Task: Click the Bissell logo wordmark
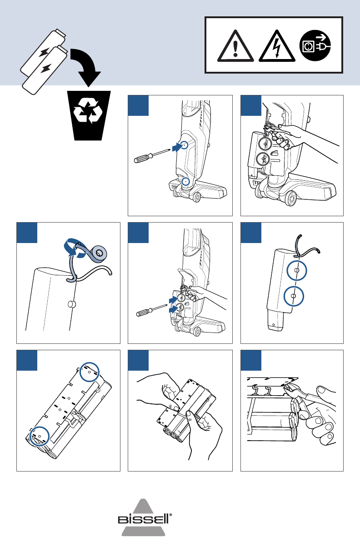[144, 519]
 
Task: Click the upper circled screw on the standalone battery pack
[296, 271]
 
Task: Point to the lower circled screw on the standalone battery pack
[293, 297]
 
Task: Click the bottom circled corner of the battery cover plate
[38, 435]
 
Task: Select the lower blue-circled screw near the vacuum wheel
[185, 181]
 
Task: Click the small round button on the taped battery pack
[71, 304]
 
